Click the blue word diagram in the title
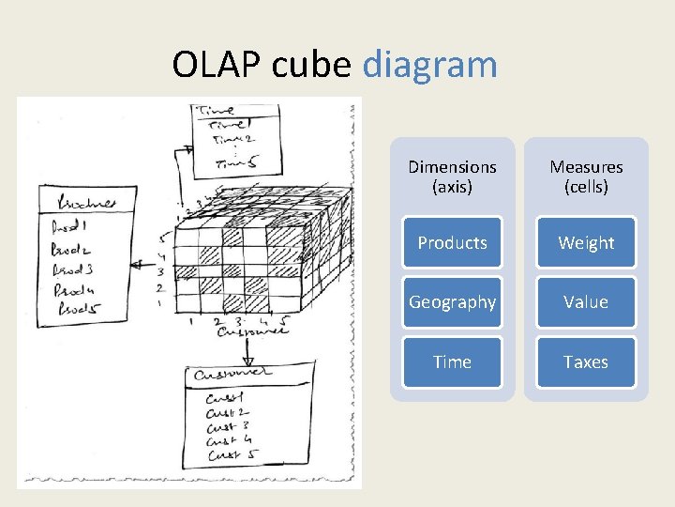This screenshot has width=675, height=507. [x=429, y=65]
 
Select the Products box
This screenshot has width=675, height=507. [x=453, y=242]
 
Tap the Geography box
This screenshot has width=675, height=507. [x=453, y=302]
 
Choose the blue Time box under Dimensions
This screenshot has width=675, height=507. [x=453, y=361]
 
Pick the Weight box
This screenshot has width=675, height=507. [x=586, y=242]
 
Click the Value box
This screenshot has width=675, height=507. [x=586, y=302]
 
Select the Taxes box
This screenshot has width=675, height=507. [x=586, y=361]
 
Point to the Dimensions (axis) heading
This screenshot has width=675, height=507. [x=453, y=177]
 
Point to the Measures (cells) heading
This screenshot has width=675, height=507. [x=586, y=177]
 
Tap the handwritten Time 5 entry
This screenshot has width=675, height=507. [x=235, y=163]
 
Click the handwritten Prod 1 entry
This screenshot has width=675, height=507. [x=69, y=225]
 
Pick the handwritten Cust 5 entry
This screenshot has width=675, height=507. [x=231, y=455]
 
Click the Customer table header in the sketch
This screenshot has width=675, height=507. [x=231, y=375]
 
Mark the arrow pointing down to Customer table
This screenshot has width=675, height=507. [x=247, y=356]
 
